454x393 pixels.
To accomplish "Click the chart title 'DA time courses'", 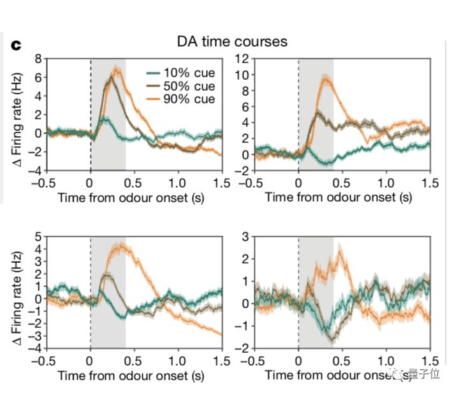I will (x=232, y=42).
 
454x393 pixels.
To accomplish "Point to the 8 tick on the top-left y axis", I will (x=38, y=59).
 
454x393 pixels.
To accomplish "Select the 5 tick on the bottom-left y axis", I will (x=38, y=237).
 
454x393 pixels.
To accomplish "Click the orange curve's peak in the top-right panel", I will (x=326, y=78).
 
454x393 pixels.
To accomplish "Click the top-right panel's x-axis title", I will (x=339, y=197).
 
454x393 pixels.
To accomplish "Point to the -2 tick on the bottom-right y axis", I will (x=243, y=348).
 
